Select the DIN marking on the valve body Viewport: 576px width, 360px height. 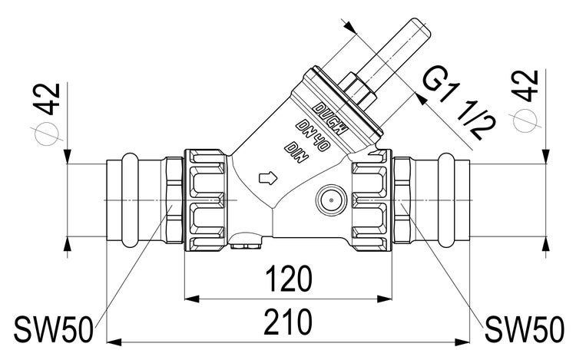tap(296, 150)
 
